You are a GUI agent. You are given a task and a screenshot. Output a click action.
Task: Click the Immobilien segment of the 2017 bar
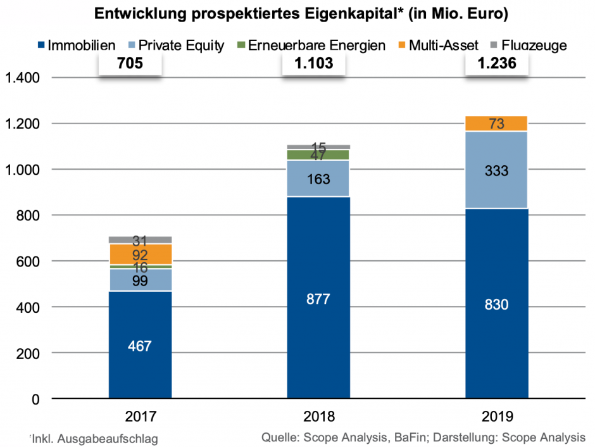(140, 345)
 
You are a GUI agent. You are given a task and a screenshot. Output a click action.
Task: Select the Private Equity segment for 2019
(496, 170)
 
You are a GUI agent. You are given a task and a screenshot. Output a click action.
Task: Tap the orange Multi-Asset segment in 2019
(496, 124)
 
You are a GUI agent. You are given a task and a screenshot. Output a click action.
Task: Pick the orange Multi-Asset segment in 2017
(140, 255)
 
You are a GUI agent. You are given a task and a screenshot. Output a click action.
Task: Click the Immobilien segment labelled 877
(318, 298)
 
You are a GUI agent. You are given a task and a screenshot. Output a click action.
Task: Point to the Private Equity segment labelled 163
(318, 179)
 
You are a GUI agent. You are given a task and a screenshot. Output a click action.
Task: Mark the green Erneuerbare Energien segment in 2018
(318, 154)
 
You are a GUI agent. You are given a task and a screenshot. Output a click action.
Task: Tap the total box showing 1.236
(496, 64)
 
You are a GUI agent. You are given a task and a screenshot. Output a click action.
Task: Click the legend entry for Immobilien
(77, 45)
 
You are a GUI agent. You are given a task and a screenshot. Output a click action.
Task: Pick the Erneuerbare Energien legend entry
(310, 45)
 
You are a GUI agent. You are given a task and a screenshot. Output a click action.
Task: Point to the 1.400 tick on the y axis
(22, 78)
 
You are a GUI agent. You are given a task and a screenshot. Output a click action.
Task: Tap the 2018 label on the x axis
(318, 417)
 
